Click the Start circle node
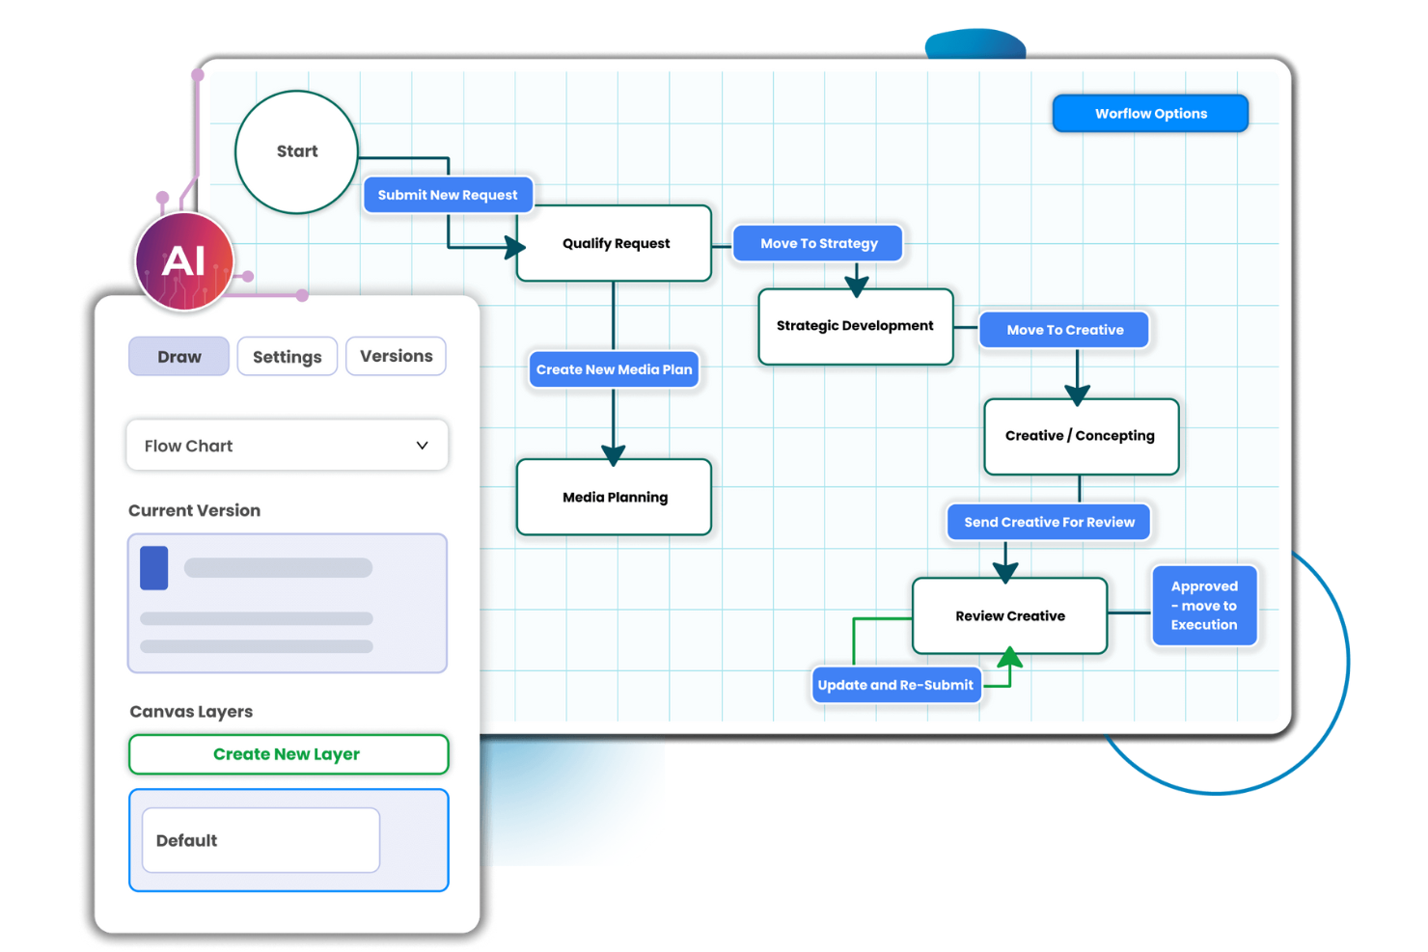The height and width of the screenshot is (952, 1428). point(296,151)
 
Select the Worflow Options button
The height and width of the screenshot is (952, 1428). point(1150,114)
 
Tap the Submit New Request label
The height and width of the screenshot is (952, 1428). point(448,195)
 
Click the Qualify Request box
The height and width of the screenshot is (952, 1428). point(615,243)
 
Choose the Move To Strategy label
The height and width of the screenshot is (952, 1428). point(818,243)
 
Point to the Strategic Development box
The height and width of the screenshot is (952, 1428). point(855,326)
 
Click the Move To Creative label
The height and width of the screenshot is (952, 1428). point(1064,330)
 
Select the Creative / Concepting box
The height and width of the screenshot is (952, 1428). point(1080,436)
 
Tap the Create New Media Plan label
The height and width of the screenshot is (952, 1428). point(614,369)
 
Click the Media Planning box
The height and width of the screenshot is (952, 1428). point(615,497)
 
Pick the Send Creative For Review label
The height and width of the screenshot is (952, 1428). point(1049,522)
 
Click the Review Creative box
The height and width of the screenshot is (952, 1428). point(1009,615)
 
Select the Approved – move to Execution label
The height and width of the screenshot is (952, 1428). point(1204,606)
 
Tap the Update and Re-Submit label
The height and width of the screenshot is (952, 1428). point(895,685)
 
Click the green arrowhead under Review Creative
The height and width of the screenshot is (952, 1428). point(1009,659)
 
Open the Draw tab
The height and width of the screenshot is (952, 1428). point(179,357)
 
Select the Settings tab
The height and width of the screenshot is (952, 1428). point(287,357)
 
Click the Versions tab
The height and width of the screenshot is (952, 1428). point(396,356)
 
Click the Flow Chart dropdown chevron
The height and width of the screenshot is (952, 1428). point(422,446)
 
